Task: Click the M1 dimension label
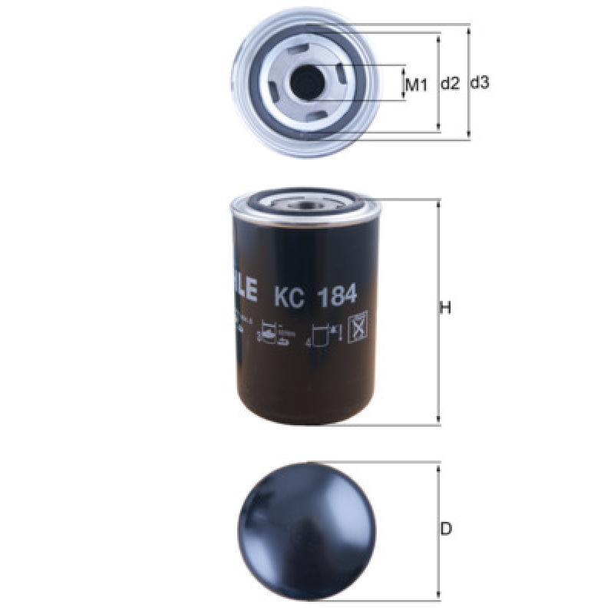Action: point(415,84)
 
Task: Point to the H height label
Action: point(444,309)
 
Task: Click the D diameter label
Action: point(446,529)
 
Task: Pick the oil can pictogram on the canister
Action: point(269,332)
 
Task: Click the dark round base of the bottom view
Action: point(307,529)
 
